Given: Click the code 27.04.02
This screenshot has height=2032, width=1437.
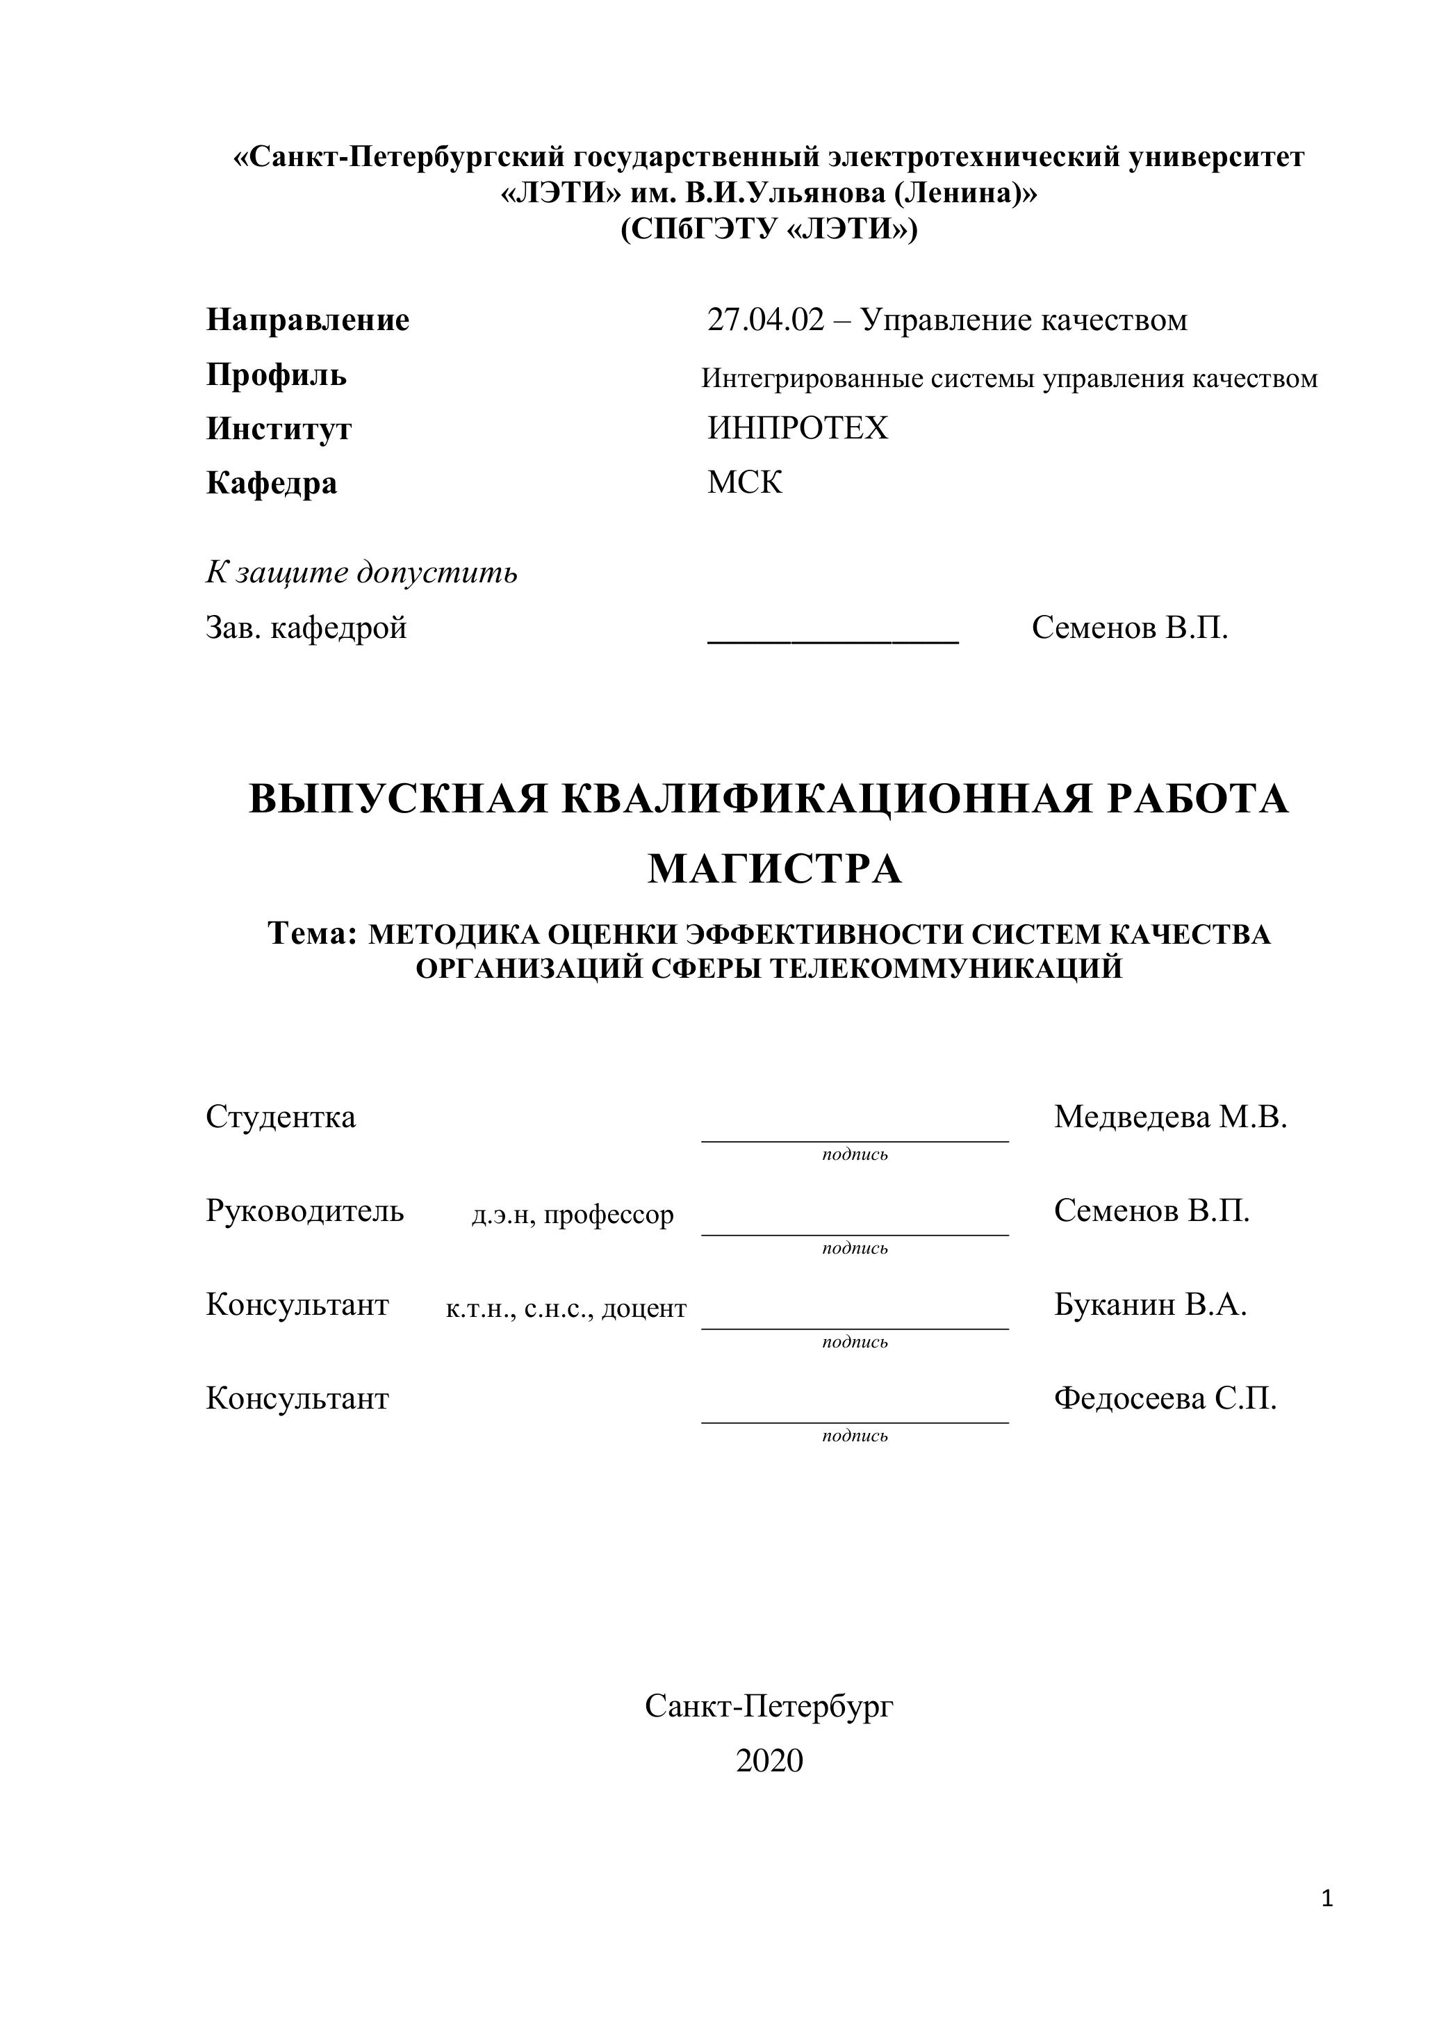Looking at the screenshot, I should (765, 320).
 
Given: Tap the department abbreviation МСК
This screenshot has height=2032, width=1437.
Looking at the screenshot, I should (744, 483).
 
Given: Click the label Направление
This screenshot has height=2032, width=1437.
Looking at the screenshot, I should (308, 320).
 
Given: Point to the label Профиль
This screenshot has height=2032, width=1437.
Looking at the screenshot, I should (276, 375).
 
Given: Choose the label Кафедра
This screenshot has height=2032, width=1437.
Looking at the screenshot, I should (272, 483).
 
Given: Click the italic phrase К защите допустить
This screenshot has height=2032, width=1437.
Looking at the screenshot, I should (361, 573).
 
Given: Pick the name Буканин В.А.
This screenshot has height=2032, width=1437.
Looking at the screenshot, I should (1150, 1304).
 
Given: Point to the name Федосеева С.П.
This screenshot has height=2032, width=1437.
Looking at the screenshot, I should (1165, 1398).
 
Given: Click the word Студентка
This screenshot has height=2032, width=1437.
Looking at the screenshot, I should (281, 1117).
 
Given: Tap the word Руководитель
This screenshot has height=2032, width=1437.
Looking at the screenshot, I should (304, 1211).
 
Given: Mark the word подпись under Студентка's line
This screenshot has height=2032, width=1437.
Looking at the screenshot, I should (855, 1155).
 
